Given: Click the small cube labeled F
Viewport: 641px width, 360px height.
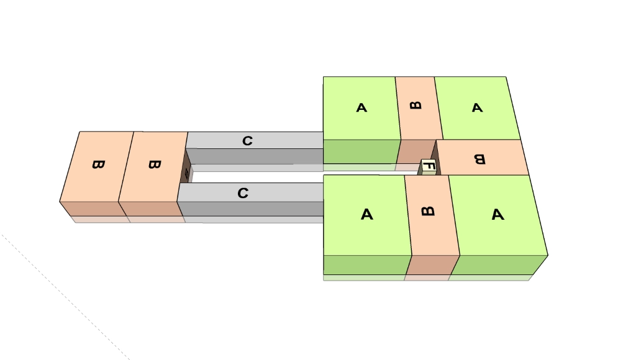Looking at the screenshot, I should pos(429,166).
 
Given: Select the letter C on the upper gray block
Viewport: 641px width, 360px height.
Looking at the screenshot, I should pos(247,141).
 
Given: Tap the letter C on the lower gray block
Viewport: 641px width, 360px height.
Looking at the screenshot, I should pos(243,194).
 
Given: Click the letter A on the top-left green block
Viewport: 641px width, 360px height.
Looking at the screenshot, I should pos(361,108).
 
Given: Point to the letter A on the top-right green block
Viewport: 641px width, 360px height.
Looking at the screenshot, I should pos(477,108).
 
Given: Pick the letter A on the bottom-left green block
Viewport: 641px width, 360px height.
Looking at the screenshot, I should pos(366,215).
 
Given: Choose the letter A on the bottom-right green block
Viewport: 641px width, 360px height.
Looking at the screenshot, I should pos(497,215).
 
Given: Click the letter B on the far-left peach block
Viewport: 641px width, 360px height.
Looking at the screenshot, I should pos(98,164).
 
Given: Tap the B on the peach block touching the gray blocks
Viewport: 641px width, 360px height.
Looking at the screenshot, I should pos(154,164).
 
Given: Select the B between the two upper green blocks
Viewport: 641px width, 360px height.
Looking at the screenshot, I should pos(416,105).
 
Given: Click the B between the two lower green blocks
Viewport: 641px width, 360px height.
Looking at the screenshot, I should pos(427,211).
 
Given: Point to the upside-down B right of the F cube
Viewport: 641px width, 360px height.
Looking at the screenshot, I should pos(479,160).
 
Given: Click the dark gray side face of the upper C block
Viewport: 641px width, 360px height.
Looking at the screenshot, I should pos(255,156).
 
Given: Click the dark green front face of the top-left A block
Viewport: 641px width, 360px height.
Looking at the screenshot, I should pos(361,151).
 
